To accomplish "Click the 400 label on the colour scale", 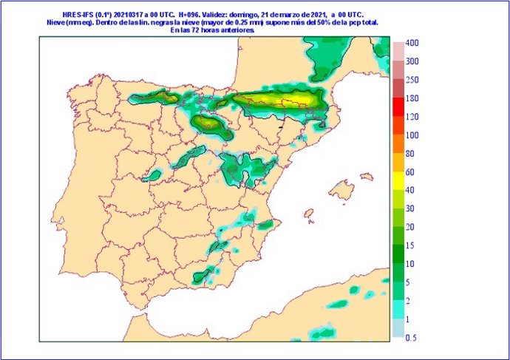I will click(412, 44).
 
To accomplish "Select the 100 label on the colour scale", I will click(412, 135).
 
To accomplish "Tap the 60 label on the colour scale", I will click(412, 171).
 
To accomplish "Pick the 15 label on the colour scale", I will click(412, 245).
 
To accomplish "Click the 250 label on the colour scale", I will click(412, 80).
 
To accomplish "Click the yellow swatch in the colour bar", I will click(398, 180).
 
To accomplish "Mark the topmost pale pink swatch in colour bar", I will click(398, 52).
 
